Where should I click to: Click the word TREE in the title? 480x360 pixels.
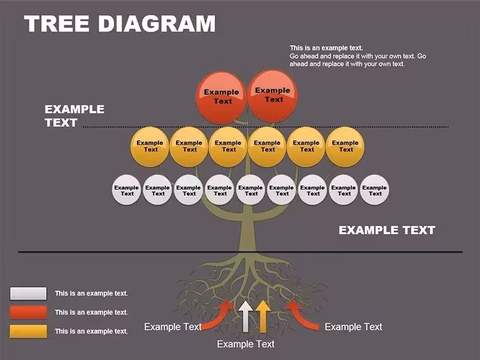coord(57,23)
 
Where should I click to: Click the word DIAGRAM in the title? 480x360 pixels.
coord(157,23)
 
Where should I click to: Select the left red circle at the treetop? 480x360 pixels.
coord(221,97)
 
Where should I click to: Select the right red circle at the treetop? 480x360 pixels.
coord(272,96)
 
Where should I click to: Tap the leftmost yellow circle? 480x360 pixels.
coord(150,147)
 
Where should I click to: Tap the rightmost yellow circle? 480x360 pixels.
coord(345,147)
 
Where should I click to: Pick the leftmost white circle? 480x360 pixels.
coord(126,190)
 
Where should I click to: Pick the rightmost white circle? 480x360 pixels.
coord(375,190)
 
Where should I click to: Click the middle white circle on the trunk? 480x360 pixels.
coord(250,190)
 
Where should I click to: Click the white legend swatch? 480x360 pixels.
coord(28,293)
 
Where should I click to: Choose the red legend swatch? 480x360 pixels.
coord(28,312)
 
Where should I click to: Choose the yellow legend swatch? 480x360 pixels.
coord(28,331)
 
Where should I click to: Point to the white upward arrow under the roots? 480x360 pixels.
coord(246,316)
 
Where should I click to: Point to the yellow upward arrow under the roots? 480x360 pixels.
coord(263,316)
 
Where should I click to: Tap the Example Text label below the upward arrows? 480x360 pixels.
coord(246,344)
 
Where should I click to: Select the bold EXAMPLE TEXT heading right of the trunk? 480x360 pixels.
coord(387,230)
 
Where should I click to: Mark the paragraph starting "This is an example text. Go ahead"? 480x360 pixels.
coord(357,56)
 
